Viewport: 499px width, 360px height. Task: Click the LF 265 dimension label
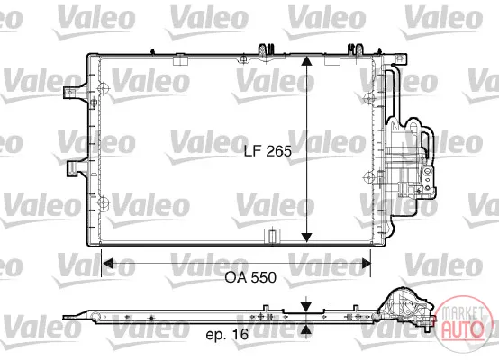[268, 151]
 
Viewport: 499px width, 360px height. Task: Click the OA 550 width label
[250, 277]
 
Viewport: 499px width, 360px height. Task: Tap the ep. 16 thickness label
[227, 334]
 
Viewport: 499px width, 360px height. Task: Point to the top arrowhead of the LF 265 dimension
[306, 61]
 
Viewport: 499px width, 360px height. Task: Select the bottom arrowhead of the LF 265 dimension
[306, 238]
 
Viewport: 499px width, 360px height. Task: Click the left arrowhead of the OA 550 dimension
[107, 264]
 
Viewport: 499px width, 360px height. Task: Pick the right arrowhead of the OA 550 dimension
[366, 264]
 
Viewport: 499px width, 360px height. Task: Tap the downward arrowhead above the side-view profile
[306, 307]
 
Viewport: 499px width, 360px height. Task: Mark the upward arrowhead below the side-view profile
[306, 329]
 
